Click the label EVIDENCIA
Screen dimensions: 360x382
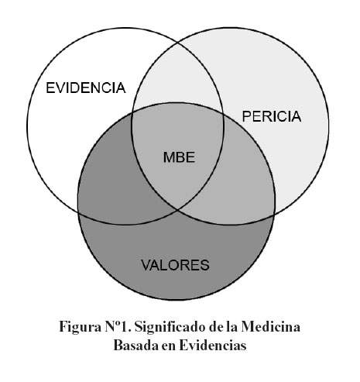86,88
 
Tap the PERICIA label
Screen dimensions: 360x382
272,116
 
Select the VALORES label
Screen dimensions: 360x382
175,265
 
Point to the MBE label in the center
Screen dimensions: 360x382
179,157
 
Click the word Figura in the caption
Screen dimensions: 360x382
81,328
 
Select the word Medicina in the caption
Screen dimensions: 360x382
271,327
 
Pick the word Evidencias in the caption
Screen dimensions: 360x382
213,346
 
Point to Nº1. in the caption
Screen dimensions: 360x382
118,327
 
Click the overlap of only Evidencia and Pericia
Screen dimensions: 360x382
177,77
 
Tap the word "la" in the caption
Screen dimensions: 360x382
232,327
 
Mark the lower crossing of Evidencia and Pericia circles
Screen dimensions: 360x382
177,211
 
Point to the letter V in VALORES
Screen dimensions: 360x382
146,265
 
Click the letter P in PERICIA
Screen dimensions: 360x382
246,116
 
